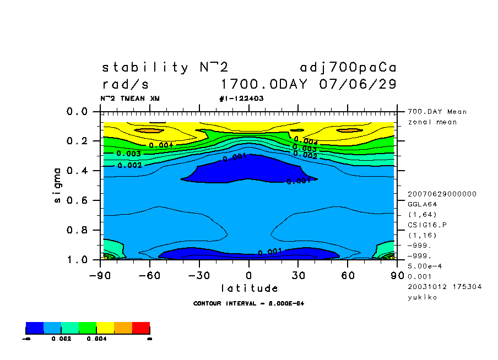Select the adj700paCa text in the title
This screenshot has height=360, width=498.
point(348,68)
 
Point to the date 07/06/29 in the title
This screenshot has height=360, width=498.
point(358,85)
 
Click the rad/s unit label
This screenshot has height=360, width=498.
point(126,85)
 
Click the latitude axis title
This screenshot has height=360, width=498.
point(250,288)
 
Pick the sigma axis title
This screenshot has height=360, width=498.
point(58,184)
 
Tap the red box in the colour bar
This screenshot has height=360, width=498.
point(141,328)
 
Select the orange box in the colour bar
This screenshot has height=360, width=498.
point(123,328)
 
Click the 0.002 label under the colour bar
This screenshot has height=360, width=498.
point(61,339)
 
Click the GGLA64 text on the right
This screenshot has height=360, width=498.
point(421,204)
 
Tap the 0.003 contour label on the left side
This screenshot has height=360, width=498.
point(128,154)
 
